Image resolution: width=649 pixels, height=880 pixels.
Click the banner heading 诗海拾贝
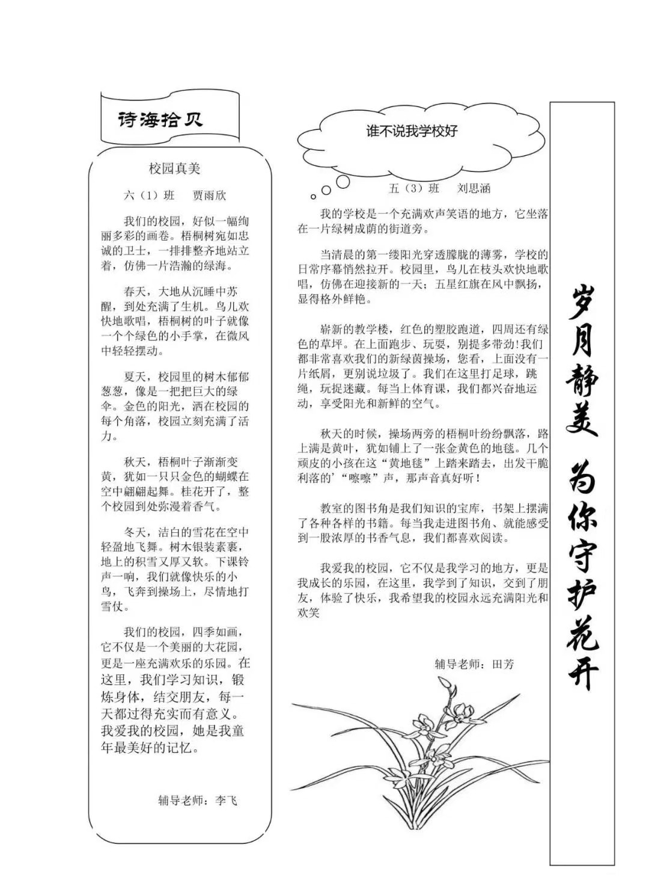click(x=160, y=120)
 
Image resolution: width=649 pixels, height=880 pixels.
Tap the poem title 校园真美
click(x=174, y=169)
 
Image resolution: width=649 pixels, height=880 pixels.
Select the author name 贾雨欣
click(x=209, y=195)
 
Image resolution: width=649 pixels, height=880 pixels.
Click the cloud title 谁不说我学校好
click(x=412, y=131)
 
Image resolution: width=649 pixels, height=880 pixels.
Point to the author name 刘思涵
click(x=474, y=188)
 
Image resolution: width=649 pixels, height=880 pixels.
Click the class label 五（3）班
click(x=414, y=188)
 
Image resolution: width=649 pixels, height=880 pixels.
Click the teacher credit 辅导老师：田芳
click(x=474, y=665)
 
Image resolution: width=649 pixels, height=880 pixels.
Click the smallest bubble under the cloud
click(x=313, y=197)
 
